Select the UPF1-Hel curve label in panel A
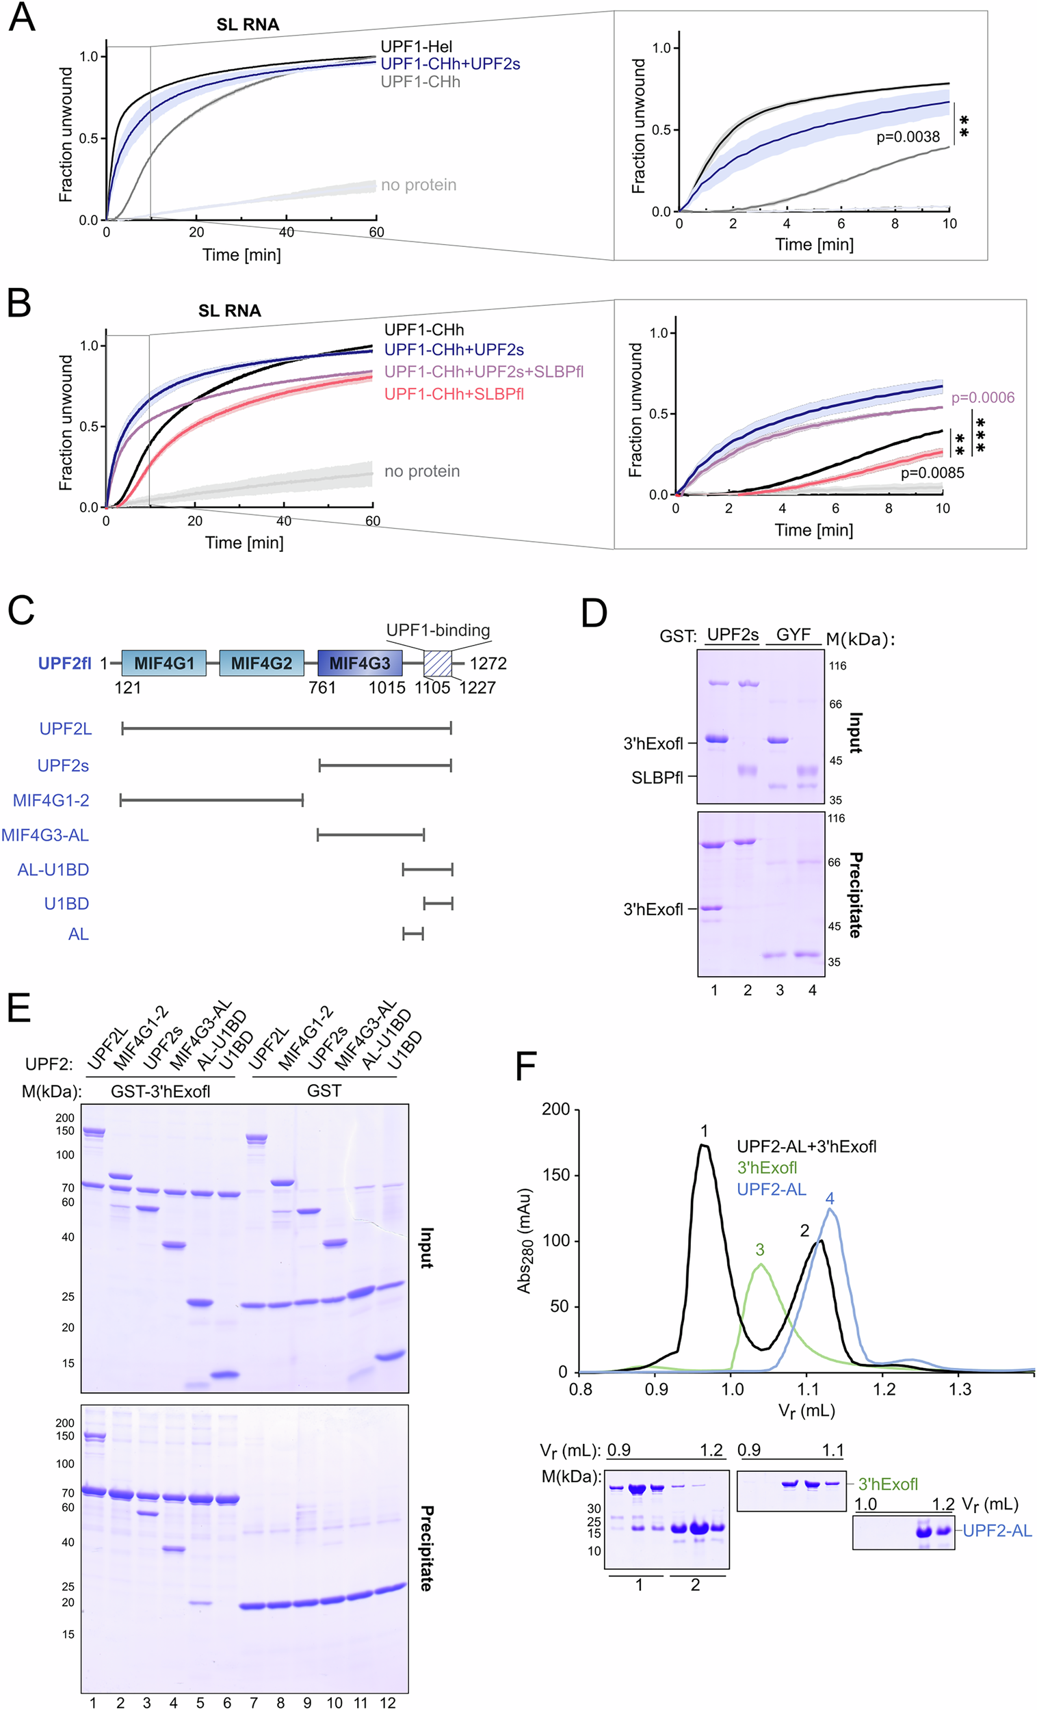(x=416, y=47)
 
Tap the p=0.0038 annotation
(x=907, y=137)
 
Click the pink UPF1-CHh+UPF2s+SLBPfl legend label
(x=483, y=371)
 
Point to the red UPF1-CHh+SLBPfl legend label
(x=454, y=393)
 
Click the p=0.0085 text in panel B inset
(x=932, y=473)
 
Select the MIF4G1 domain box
(x=163, y=663)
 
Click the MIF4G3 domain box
(x=360, y=663)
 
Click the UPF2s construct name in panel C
(x=63, y=765)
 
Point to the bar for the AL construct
(x=413, y=934)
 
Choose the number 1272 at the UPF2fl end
(x=488, y=663)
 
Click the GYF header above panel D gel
(x=793, y=634)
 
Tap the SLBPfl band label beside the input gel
(x=657, y=778)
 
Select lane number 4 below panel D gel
(x=812, y=990)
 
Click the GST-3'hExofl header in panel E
(x=160, y=1092)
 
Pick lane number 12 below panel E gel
(x=387, y=1702)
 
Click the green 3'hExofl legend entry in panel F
(x=766, y=1168)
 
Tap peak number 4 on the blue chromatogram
(x=830, y=1198)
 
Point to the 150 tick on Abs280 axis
(x=555, y=1175)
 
